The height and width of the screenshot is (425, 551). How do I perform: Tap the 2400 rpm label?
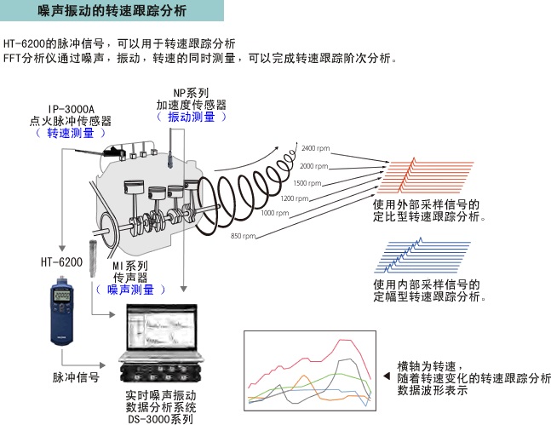(316, 149)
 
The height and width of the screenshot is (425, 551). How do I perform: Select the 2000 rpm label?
(313, 165)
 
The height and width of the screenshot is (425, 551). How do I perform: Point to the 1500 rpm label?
(307, 182)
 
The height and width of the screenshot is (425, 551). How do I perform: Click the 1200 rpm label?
(293, 198)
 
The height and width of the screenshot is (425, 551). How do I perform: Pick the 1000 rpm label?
(274, 213)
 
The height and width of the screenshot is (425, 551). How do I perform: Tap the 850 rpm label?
(243, 235)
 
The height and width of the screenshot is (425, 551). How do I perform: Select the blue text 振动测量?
(192, 117)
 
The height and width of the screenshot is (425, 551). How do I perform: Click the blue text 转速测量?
(71, 133)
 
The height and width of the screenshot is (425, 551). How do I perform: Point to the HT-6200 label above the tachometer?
(62, 264)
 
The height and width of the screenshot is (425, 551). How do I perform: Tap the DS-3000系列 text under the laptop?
(160, 417)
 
